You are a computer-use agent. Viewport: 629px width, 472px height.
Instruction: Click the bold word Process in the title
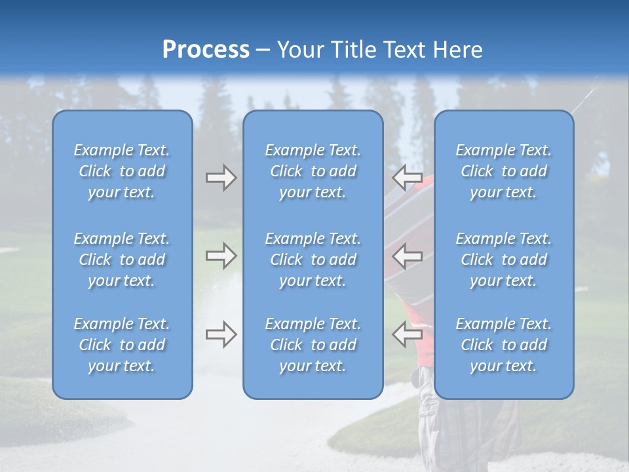pyautogui.click(x=206, y=50)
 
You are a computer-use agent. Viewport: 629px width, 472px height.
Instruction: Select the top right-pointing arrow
pyautogui.click(x=221, y=178)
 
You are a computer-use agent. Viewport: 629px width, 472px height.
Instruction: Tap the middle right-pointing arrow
pyautogui.click(x=221, y=256)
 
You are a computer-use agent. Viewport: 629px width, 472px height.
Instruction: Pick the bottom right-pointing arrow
pyautogui.click(x=221, y=334)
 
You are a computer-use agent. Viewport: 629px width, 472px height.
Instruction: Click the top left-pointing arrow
pyautogui.click(x=407, y=177)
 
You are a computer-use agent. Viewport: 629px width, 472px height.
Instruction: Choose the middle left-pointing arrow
pyautogui.click(x=407, y=256)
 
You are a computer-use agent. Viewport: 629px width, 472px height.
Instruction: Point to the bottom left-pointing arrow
pyautogui.click(x=407, y=334)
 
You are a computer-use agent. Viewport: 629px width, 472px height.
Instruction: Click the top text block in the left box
pyautogui.click(x=122, y=171)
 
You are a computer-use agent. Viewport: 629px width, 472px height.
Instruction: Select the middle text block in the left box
pyautogui.click(x=122, y=260)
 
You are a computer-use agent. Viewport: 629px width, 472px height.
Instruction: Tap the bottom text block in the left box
pyautogui.click(x=122, y=345)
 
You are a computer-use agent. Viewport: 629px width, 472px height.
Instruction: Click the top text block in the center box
pyautogui.click(x=313, y=171)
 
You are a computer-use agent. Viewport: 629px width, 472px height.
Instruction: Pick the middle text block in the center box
pyautogui.click(x=313, y=260)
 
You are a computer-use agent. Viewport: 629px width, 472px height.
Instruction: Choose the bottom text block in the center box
pyautogui.click(x=313, y=345)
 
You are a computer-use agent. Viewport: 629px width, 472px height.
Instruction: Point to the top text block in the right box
pyautogui.click(x=504, y=171)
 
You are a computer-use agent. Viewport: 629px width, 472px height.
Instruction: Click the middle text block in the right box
pyautogui.click(x=504, y=260)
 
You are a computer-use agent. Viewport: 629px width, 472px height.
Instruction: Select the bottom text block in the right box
pyautogui.click(x=504, y=345)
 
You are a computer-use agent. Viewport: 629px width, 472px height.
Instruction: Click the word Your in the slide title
pyautogui.click(x=303, y=50)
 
